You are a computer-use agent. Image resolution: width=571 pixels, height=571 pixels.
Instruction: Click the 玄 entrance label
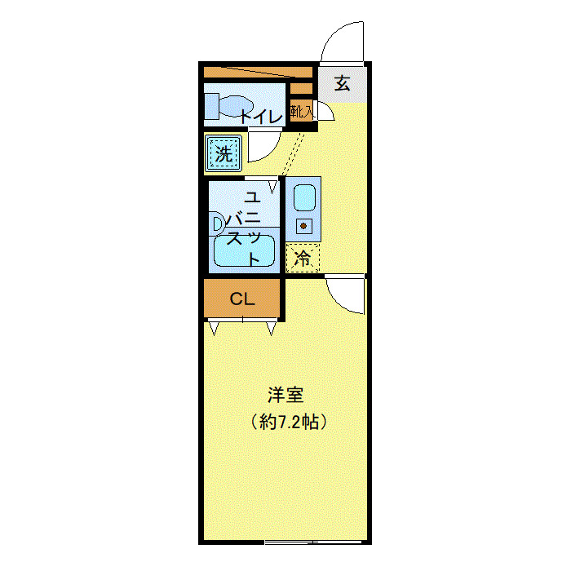[343, 82]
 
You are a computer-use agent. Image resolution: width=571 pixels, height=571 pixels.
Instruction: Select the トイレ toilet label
[261, 117]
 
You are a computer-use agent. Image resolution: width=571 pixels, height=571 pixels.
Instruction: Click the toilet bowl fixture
[237, 107]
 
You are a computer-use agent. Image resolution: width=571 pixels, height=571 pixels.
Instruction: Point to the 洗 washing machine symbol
[223, 152]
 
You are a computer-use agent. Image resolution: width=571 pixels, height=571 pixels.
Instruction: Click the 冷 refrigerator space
[303, 259]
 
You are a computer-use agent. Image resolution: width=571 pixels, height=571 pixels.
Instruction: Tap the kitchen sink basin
[303, 198]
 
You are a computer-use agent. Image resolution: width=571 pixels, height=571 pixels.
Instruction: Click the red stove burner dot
[303, 226]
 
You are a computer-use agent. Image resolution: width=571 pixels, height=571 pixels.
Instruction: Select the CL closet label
[242, 299]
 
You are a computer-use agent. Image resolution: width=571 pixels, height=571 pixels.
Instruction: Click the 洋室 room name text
[285, 395]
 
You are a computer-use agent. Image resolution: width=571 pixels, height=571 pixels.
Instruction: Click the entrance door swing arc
[341, 42]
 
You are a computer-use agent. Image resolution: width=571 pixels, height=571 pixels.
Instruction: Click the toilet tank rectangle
[211, 106]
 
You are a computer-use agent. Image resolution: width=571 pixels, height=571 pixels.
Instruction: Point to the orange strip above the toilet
[258, 72]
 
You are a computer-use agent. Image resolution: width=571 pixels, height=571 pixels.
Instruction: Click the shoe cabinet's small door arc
[325, 113]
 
